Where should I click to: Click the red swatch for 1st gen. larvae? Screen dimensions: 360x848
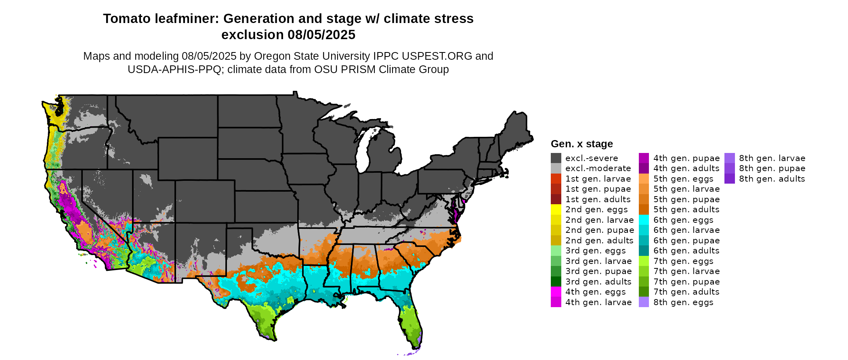tap(556, 179)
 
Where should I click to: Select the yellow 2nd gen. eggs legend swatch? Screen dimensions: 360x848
tap(556, 209)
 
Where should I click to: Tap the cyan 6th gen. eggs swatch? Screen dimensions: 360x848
tap(644, 220)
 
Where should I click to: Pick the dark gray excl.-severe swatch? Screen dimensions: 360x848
tap(556, 158)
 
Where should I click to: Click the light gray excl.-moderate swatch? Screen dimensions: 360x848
tap(556, 168)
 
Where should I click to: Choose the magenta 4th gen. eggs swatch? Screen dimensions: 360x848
tap(556, 292)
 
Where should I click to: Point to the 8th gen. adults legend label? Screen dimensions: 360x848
tap(772, 179)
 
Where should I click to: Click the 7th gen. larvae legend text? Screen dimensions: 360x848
tap(686, 271)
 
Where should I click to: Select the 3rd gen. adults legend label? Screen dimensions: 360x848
tap(598, 282)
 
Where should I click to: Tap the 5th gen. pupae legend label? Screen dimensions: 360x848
tap(686, 199)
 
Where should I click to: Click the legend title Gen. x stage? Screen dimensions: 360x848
tap(581, 144)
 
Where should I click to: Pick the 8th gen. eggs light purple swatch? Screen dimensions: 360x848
tap(644, 302)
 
